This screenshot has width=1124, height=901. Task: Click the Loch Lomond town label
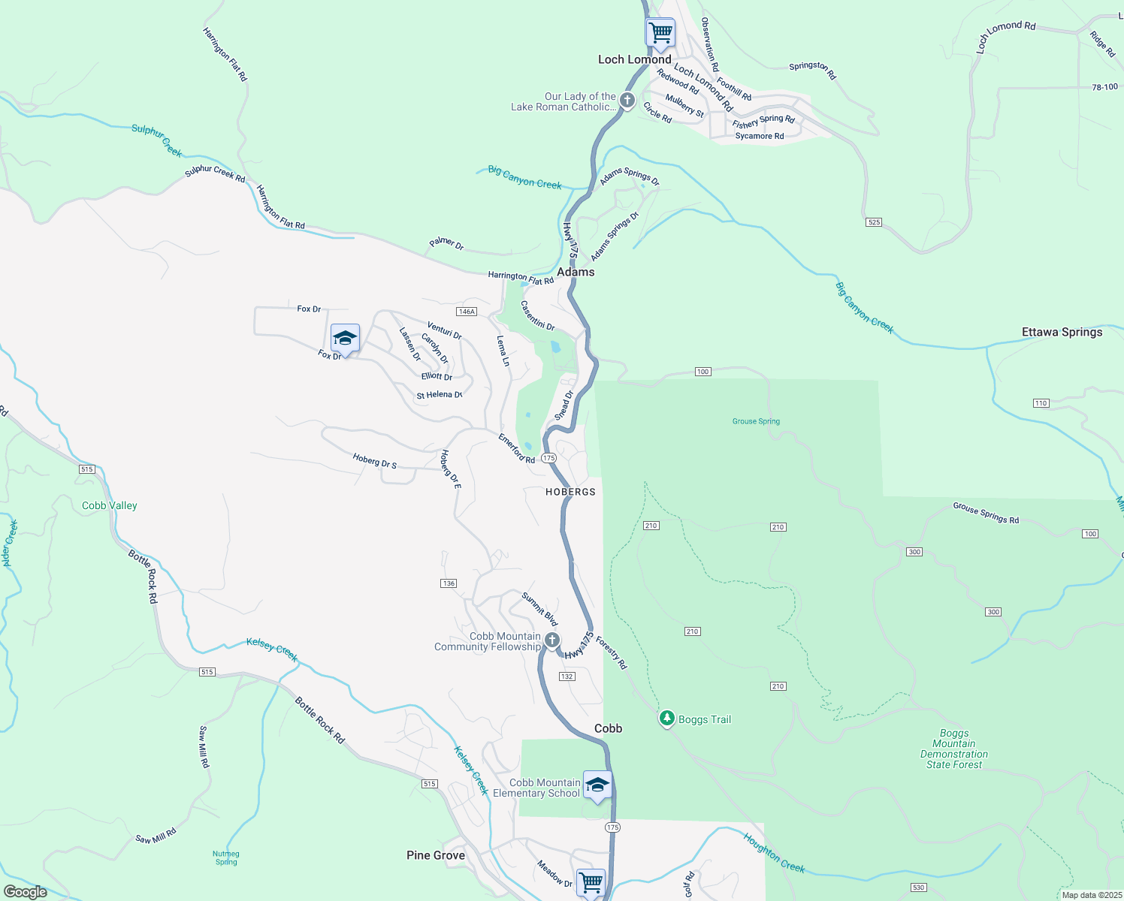tap(634, 59)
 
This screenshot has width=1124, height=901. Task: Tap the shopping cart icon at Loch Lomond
tap(660, 33)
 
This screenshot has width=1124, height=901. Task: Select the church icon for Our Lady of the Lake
tap(627, 101)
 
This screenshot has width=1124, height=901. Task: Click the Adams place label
tap(576, 272)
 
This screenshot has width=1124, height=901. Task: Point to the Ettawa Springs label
tap(1062, 332)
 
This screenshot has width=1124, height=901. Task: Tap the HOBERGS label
tap(570, 492)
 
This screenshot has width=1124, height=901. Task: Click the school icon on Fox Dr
tap(345, 338)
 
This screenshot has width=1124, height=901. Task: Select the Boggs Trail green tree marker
tap(666, 719)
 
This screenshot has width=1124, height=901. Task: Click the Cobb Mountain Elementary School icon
tap(597, 785)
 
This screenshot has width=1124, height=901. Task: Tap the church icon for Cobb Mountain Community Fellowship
tap(551, 640)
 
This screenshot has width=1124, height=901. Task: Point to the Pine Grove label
tap(435, 855)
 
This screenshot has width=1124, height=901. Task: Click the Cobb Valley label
tap(110, 505)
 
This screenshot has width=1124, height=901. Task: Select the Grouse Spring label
tap(756, 421)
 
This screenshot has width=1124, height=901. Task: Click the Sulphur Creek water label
tap(157, 140)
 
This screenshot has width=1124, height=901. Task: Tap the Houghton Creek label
tap(774, 853)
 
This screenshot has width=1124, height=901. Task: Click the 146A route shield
tap(467, 312)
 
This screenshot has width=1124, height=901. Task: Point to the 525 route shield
tap(873, 222)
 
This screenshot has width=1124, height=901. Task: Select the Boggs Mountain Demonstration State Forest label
tap(953, 749)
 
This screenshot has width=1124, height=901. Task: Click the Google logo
tap(25, 892)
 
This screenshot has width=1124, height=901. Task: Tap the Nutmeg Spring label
tap(225, 857)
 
